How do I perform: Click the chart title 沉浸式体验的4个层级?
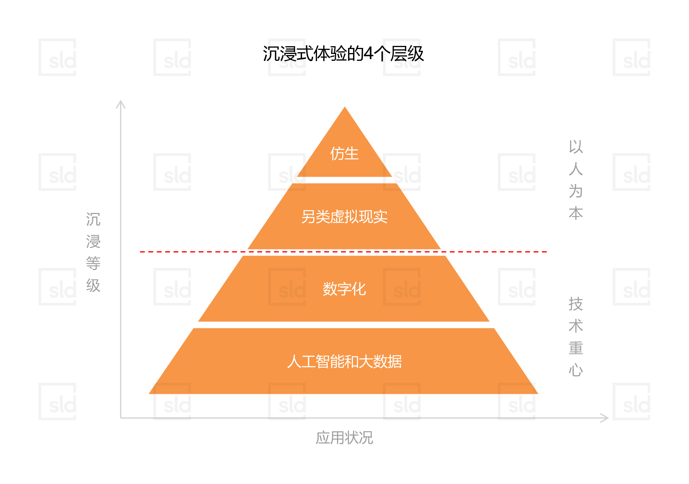[x=343, y=54]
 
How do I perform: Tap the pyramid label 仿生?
[x=344, y=153]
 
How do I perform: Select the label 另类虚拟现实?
[x=344, y=217]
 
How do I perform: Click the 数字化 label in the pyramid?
[x=344, y=289]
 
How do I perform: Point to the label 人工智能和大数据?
[x=344, y=361]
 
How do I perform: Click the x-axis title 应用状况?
[x=344, y=438]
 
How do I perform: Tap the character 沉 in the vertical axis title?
[x=93, y=219]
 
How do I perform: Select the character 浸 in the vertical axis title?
[x=93, y=241]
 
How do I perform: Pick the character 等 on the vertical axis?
[x=93, y=263]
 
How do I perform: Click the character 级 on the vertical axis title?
[x=93, y=285]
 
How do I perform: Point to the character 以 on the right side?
[x=576, y=147]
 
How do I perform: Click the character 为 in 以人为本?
[x=576, y=191]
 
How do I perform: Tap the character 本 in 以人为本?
[x=576, y=213]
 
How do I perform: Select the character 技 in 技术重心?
[x=576, y=304]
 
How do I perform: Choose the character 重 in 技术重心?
[x=576, y=348]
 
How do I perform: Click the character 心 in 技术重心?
[x=576, y=370]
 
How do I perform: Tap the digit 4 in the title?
[x=369, y=54]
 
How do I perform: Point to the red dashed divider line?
[x=343, y=252]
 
